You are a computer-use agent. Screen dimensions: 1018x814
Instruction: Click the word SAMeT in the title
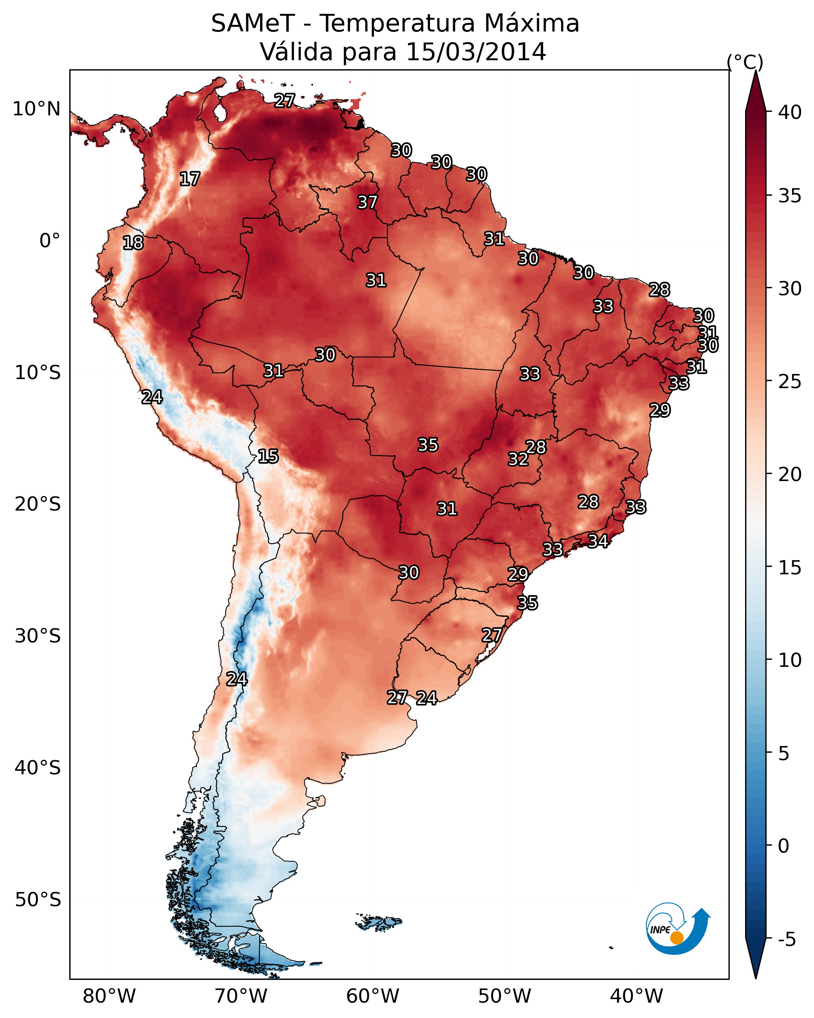(x=253, y=24)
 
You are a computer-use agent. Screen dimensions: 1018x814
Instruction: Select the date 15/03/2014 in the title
(x=476, y=52)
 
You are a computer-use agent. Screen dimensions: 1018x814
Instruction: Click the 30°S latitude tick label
(x=38, y=636)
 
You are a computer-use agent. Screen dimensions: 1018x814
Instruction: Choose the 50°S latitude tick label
(x=38, y=900)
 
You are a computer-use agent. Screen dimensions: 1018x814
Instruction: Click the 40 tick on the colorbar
(x=790, y=112)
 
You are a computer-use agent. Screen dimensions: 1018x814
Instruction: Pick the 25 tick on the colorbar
(x=790, y=381)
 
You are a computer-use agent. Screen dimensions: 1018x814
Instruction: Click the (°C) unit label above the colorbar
(x=745, y=62)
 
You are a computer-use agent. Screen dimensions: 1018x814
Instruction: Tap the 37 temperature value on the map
(x=367, y=202)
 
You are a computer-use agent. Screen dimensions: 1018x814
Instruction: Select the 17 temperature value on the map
(x=190, y=179)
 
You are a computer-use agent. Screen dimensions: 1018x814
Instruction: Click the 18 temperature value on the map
(x=133, y=243)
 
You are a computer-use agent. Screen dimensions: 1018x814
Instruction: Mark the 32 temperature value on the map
(x=518, y=459)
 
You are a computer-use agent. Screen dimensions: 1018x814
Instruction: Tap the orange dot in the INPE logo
(x=677, y=938)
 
